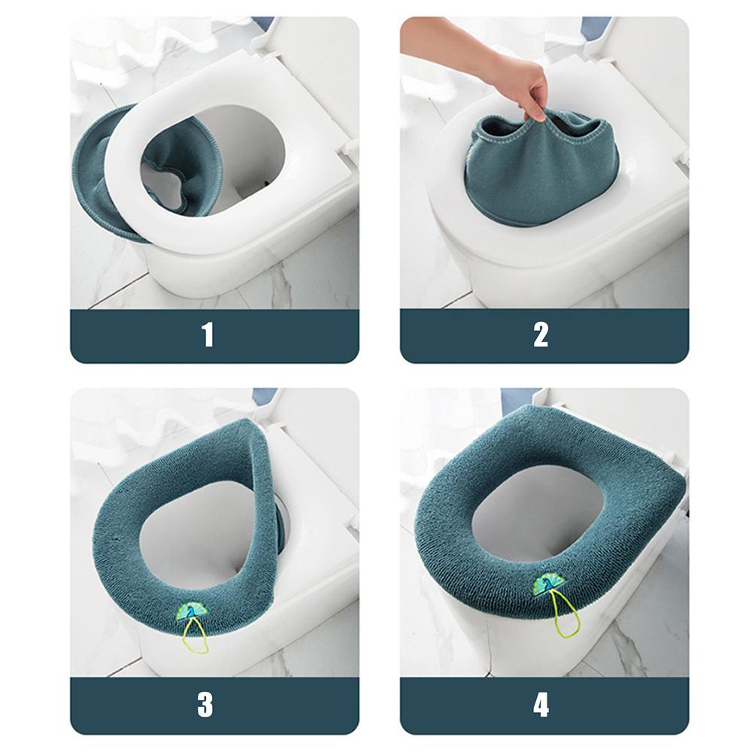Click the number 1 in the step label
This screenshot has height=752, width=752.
pos(208,335)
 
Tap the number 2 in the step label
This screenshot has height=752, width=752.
pos(541,335)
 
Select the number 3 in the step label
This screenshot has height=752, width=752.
pos(205,705)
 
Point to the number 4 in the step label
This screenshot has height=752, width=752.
pos(541,705)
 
